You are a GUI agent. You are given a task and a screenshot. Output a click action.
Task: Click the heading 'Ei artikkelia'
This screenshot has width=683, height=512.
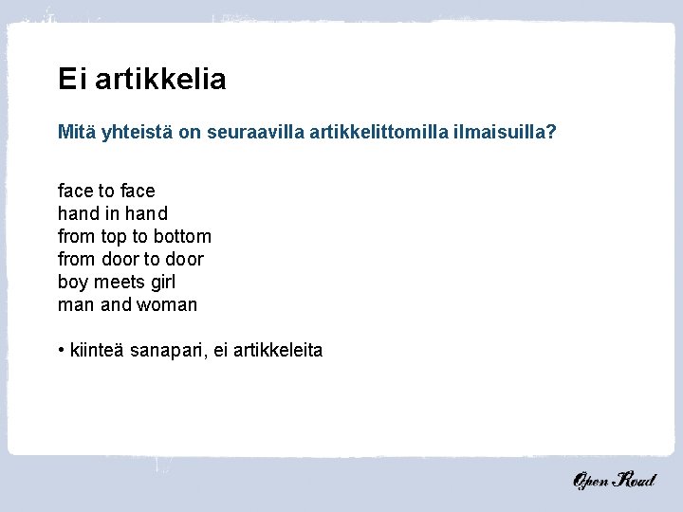[141, 79]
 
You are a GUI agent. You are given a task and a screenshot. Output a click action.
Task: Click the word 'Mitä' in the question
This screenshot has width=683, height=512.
[76, 134]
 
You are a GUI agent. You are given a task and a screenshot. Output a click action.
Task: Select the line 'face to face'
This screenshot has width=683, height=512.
[106, 191]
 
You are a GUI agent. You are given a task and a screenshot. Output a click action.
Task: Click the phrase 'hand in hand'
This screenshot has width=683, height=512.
[112, 213]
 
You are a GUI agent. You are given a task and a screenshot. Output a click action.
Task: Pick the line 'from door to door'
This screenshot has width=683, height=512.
[130, 259]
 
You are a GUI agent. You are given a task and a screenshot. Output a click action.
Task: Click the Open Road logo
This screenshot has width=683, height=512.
[613, 480]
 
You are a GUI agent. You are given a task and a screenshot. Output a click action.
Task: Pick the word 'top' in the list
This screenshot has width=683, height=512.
[114, 236]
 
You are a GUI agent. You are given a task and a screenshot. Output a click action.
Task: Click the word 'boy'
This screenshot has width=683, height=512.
[72, 282]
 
